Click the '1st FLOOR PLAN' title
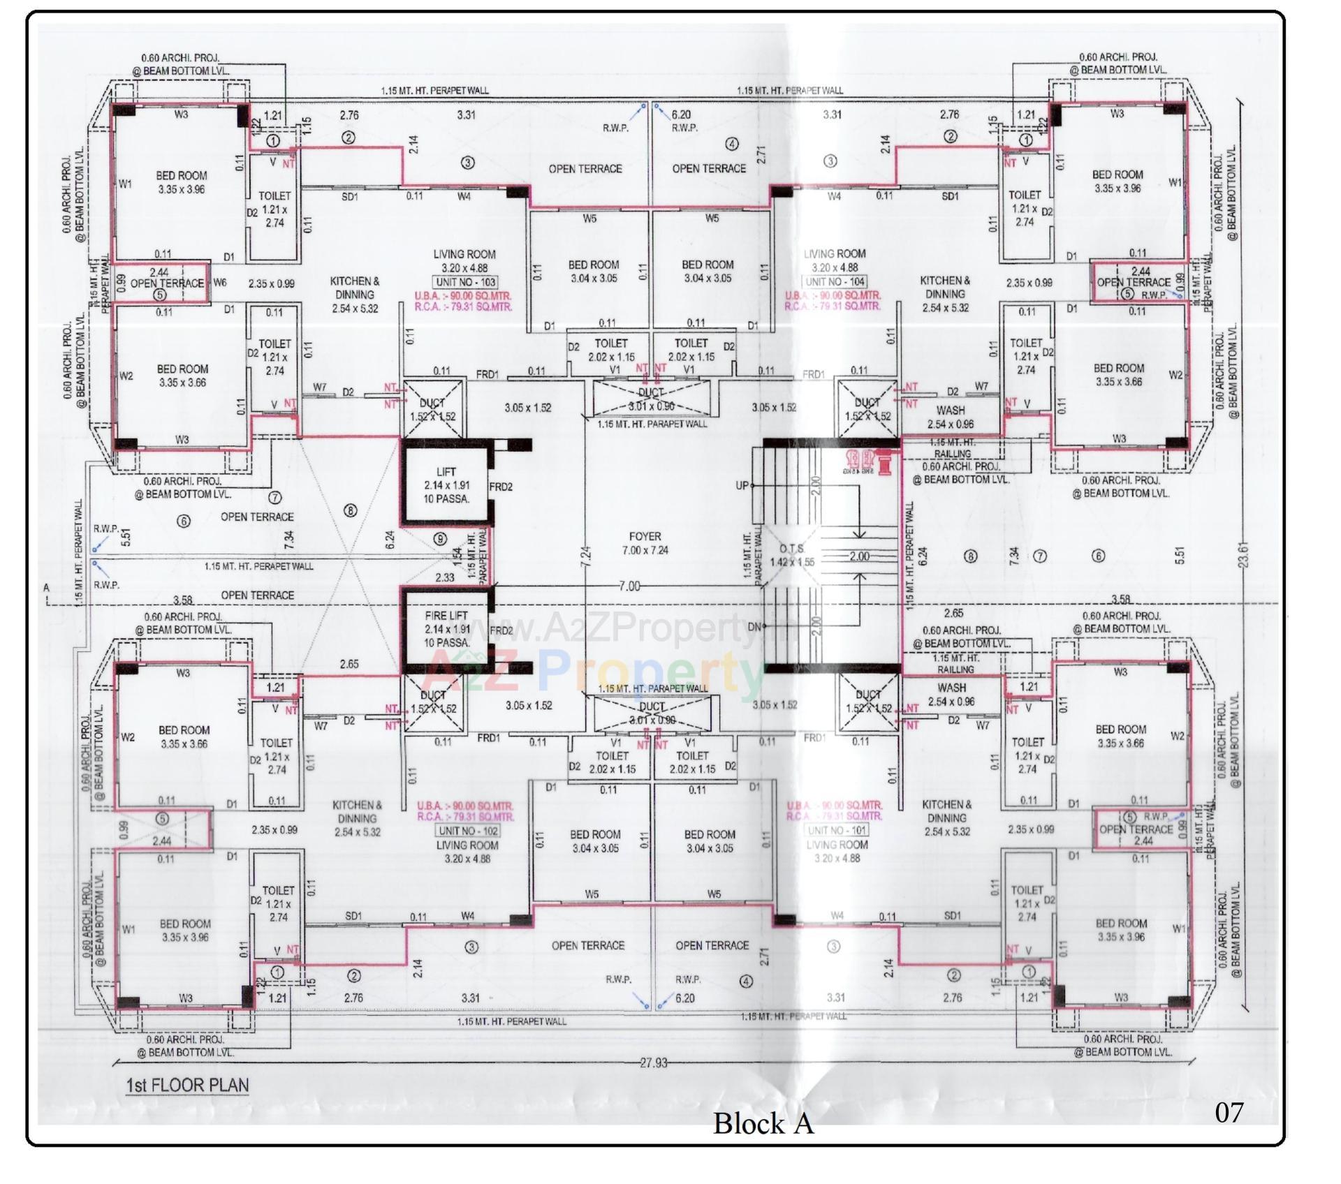(186, 1085)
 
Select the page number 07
(1229, 1112)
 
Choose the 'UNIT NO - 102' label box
(467, 831)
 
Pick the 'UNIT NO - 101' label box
(837, 830)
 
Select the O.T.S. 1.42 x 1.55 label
(792, 556)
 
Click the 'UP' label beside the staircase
(742, 485)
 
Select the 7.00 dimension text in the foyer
(629, 586)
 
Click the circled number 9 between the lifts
(440, 538)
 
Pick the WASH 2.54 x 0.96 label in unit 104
(950, 417)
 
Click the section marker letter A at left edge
(47, 588)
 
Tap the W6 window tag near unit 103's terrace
(220, 283)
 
